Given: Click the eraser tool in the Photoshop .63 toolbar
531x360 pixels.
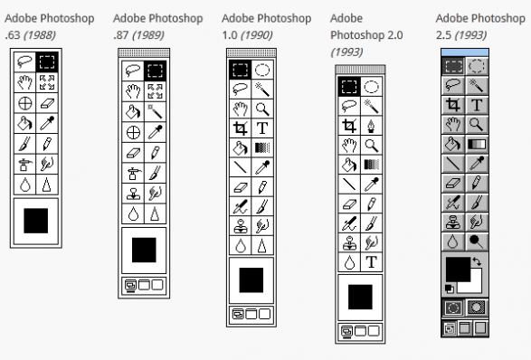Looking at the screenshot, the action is (47, 103).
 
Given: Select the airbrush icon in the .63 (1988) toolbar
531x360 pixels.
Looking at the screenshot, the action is (25, 165).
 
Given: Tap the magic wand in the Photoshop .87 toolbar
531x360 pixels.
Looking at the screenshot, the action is (155, 111).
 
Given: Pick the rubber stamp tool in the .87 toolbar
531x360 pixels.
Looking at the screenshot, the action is (133, 194).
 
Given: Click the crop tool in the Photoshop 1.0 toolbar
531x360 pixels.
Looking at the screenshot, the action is (240, 128).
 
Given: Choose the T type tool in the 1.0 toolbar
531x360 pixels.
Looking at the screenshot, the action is (262, 128).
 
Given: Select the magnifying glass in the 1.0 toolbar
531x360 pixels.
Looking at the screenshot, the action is (262, 109).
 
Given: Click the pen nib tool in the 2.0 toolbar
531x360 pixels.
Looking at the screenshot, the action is (372, 126).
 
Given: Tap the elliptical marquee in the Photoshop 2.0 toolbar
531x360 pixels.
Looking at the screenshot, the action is (372, 87).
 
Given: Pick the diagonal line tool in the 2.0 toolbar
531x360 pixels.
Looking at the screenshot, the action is (349, 185).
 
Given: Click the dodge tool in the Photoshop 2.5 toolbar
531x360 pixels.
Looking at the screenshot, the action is (476, 241).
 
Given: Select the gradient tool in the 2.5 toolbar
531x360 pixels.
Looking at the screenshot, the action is (477, 144).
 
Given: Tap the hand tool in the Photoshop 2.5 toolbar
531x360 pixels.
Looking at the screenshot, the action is (453, 125).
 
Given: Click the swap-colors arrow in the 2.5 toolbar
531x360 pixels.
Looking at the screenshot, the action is (477, 261).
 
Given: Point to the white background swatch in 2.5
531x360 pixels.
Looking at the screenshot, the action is (474, 286).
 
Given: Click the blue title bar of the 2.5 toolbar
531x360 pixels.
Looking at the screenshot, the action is (465, 52).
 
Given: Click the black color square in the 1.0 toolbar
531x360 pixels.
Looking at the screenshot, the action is (251, 280).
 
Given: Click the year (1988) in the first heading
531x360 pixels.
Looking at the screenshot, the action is (39, 35).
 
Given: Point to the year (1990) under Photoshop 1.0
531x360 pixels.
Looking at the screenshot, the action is (256, 35).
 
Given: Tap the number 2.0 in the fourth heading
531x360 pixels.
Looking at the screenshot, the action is (396, 35).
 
